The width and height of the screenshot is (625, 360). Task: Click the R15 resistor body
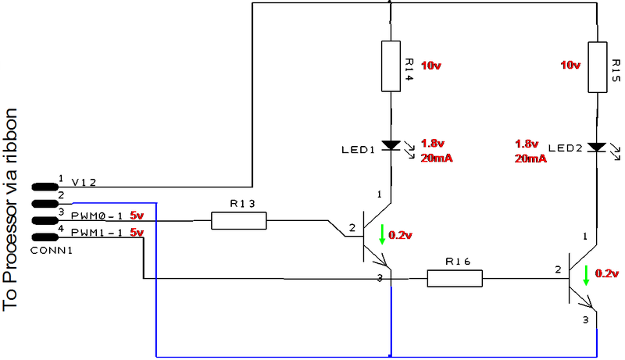pos(598,67)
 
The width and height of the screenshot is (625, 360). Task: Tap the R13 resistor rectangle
pos(238,221)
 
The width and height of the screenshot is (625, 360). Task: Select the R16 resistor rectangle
pos(455,277)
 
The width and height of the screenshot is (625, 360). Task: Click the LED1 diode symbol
pos(390,146)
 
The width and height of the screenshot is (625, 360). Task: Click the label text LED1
pos(359,148)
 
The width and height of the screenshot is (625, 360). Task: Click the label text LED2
pos(566,148)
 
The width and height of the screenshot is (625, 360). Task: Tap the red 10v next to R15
pos(571,65)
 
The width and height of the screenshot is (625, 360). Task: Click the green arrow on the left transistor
pos(382,234)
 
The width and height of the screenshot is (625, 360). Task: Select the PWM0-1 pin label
pos(98,213)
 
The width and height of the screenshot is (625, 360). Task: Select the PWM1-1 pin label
pos(98,233)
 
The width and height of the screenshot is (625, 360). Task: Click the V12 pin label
pos(84,183)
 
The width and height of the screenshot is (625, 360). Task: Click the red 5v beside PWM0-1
pos(137,213)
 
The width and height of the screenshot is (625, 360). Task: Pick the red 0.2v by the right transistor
pos(607,274)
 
